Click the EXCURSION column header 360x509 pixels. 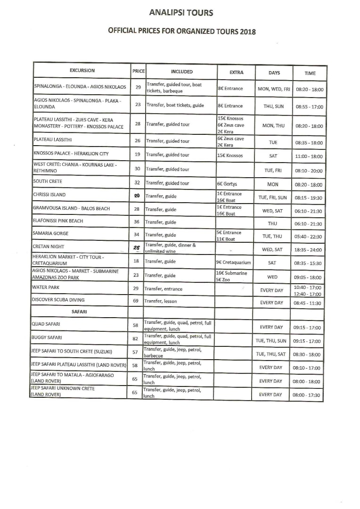82,71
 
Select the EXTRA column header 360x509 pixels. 236,72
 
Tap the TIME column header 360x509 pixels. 310,73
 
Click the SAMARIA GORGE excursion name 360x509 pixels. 50,233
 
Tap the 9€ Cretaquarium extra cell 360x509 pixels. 234,263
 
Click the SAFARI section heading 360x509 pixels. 79,312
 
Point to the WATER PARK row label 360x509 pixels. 46,287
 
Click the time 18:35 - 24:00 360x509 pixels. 309,250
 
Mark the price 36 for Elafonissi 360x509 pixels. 137,222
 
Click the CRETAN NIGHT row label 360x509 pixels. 49,246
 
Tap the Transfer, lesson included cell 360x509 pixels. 164,301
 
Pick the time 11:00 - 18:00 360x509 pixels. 309,156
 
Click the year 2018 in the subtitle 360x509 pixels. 247,32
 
